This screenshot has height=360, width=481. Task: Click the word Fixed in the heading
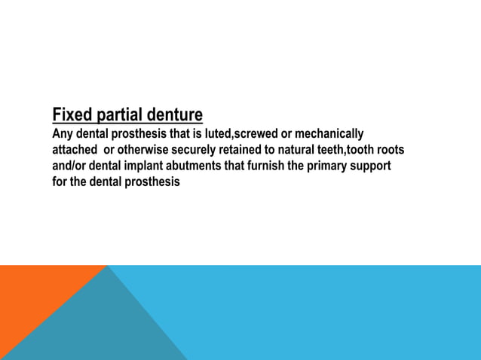point(72,115)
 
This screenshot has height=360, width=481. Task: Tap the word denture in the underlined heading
point(174,115)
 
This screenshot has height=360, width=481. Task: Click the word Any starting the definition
point(62,134)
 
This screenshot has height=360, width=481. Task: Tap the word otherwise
point(149,150)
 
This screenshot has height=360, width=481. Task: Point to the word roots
point(390,150)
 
